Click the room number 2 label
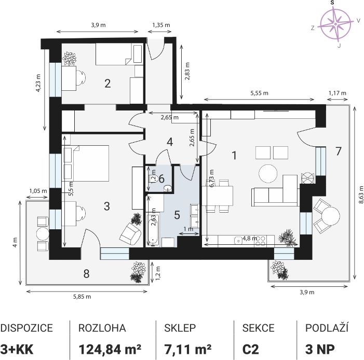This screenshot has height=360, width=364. click(107, 84)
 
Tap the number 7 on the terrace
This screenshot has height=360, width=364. click(339, 151)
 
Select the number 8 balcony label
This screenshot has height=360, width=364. click(86, 274)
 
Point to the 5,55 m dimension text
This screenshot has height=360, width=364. click(259, 93)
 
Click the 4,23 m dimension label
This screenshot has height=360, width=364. click(38, 83)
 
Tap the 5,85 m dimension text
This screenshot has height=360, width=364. click(82, 297)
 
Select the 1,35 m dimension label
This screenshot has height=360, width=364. click(161, 25)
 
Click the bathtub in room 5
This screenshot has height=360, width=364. click(154, 230)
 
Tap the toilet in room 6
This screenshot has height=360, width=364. click(153, 178)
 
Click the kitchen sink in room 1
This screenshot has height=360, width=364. click(238, 241)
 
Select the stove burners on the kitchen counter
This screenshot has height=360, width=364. click(260, 241)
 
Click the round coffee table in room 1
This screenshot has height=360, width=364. click(268, 173)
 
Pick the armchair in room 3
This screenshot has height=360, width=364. click(130, 233)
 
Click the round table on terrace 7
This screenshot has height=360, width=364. click(331, 217)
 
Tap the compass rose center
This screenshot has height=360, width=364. click(335, 24)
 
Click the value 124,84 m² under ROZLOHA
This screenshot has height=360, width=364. click(110, 349)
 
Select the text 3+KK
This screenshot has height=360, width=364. click(17, 349)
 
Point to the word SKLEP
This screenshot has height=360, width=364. click(180, 328)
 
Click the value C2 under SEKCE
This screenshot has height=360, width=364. click(250, 349)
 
